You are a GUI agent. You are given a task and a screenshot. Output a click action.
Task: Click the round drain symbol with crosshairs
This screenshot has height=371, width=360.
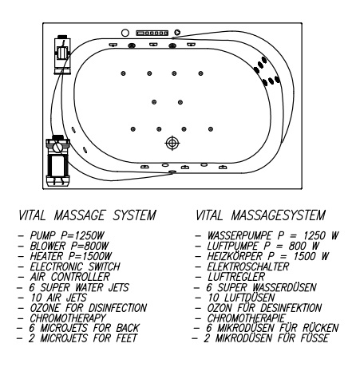click(172, 143)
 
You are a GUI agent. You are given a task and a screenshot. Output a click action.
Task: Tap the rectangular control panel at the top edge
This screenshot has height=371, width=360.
click(152, 33)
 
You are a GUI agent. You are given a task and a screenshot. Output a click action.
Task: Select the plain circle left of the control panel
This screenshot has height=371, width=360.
click(125, 33)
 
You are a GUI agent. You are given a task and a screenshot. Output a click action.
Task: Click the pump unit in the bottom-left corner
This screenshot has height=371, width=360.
click(57, 160)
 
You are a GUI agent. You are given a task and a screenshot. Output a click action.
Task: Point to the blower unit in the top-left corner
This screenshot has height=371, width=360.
click(62, 54)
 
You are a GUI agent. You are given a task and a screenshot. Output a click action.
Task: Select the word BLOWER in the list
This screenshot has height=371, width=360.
click(48, 246)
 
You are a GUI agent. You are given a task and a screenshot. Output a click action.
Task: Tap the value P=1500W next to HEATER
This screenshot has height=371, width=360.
click(90, 256)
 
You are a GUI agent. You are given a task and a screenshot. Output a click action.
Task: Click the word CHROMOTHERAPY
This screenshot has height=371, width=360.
click(68, 318)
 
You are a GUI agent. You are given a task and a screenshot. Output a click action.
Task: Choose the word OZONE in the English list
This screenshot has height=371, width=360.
click(45, 308)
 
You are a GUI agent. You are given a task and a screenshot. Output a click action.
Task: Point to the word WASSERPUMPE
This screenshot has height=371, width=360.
click(239, 235)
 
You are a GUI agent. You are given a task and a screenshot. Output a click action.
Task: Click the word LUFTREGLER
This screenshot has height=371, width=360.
click(236, 277)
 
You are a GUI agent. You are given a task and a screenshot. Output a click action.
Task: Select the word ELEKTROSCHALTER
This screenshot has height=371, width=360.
click(248, 266)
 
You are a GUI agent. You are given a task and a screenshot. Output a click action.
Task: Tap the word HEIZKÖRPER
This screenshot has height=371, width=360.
click(235, 256)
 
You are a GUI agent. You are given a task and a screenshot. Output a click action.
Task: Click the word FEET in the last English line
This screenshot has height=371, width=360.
click(127, 338)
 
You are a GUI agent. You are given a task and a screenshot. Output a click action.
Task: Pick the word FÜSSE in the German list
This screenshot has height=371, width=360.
click(315, 338)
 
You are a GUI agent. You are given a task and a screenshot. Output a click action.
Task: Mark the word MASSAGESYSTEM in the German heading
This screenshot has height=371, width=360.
click(278, 215)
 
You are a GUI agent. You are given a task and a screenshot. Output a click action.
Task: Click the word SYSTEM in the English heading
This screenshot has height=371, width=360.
click(134, 215)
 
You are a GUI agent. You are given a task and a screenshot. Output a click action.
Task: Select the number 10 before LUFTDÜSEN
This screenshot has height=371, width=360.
click(213, 298)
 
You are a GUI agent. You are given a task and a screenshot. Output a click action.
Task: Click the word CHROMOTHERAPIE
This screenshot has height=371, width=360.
click(246, 318)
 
